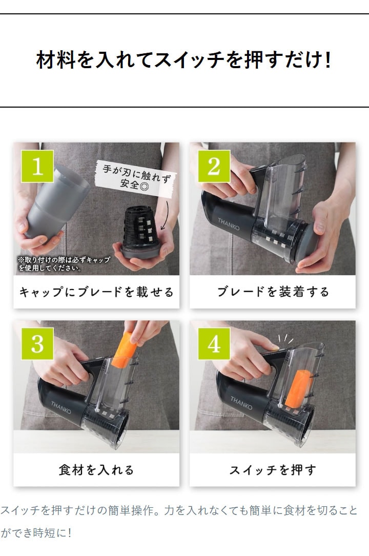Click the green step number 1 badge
37,166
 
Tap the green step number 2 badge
214,166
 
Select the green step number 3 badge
37,344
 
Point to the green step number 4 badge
214,344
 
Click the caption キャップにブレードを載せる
96,292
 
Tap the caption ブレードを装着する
273,292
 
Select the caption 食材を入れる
96,470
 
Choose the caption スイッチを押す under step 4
273,470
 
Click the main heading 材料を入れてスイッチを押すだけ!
184,59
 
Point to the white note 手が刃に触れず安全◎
136,177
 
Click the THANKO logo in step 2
229,224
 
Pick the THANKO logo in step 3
61,407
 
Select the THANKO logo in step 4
241,403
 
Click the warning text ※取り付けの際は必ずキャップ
64,260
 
